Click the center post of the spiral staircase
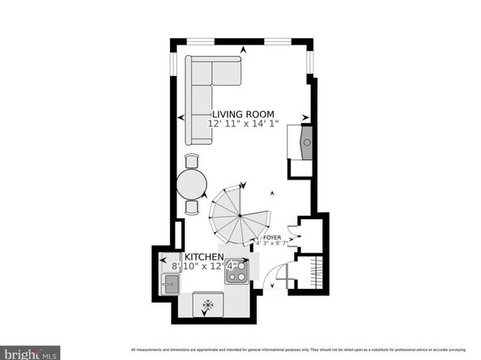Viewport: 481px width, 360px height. click(240, 214)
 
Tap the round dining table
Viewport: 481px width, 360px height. click(192, 184)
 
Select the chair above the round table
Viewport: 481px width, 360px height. click(192, 160)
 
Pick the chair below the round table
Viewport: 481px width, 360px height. click(192, 206)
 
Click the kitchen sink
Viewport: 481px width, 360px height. click(170, 283)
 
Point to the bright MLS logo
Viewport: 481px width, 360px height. click(30, 352)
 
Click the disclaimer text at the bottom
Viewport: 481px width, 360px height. click(300, 350)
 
